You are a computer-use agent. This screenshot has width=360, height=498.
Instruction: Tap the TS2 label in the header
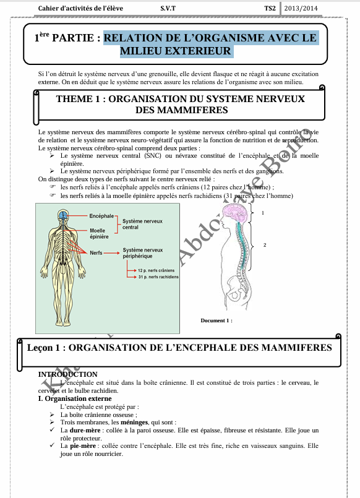[270, 8]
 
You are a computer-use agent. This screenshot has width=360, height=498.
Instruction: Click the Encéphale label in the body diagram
[101, 216]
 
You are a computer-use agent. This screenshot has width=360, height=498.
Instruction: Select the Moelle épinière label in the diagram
[99, 233]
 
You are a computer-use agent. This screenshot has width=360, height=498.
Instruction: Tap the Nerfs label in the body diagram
[96, 253]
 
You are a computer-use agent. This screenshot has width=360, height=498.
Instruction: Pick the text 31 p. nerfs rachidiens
[158, 277]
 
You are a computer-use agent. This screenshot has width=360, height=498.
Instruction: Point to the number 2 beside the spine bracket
[265, 245]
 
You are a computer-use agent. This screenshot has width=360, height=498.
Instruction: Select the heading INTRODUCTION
[67, 374]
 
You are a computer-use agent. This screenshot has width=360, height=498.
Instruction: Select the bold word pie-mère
[82, 445]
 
